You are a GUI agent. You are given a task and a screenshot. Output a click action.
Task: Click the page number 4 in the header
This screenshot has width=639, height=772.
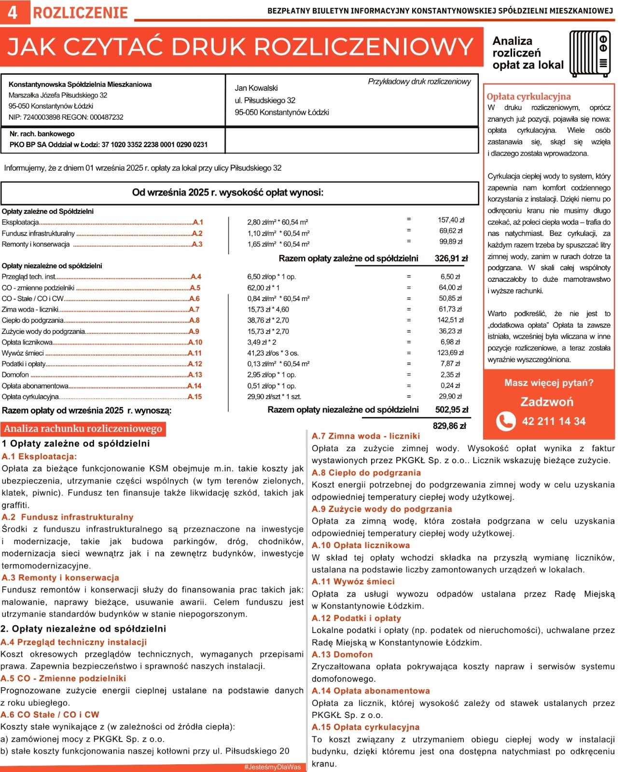[x=13, y=13]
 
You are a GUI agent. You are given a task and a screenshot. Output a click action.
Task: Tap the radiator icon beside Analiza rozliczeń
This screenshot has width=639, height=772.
[x=590, y=53]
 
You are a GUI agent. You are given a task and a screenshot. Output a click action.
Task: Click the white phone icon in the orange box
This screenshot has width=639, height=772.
[x=505, y=421]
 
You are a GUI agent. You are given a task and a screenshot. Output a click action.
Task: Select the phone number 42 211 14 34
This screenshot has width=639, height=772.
[x=554, y=421]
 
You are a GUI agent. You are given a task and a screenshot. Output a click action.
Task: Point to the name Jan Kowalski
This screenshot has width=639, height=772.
[x=256, y=88]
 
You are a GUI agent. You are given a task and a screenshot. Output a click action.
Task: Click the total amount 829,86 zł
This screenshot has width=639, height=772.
[x=449, y=426]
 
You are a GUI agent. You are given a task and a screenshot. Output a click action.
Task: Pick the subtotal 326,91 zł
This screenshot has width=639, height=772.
[x=451, y=258]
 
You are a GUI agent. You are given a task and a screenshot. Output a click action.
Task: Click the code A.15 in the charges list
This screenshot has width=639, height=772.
[x=195, y=397]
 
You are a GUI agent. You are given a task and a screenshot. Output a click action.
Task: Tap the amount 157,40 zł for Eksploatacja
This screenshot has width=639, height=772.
[x=451, y=220]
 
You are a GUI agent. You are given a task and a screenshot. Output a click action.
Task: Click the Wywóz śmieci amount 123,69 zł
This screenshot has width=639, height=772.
[x=450, y=353]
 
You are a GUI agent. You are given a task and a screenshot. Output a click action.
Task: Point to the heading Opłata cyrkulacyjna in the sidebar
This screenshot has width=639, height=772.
[x=528, y=96]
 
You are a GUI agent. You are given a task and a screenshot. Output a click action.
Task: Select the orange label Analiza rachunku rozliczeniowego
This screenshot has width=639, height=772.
[x=83, y=428]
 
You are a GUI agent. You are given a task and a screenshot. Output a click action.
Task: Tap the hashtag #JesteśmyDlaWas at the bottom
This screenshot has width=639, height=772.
[x=273, y=767]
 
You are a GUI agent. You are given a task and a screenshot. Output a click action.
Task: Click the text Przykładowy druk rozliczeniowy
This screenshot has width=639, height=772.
[x=419, y=82]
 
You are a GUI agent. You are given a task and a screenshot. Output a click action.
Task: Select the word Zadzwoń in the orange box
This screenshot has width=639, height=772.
[x=547, y=402]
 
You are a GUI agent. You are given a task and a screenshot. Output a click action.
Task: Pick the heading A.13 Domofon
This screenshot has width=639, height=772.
[x=342, y=655]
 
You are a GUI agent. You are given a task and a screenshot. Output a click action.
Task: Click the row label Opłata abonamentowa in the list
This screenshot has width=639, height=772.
[x=35, y=386]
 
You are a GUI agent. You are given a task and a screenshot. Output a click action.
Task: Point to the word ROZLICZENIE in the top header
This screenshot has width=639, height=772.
[x=80, y=13]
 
